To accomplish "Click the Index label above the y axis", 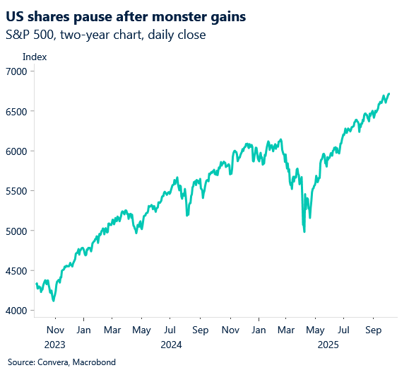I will tap(35, 57).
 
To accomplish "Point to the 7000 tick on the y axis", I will tap(16, 71).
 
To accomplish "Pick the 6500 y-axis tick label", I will tap(16, 112).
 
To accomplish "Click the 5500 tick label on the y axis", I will tap(16, 191).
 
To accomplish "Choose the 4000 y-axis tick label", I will tap(16, 311).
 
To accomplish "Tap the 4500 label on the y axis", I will tap(16, 271).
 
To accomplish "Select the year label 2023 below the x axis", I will tap(55, 344).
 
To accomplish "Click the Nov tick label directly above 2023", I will tap(55, 330).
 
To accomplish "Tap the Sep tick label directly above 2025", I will tap(374, 330).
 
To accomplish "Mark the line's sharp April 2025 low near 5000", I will tap(304, 231).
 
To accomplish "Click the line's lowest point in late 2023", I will tap(54, 301).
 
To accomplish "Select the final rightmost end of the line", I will tap(389, 93).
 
